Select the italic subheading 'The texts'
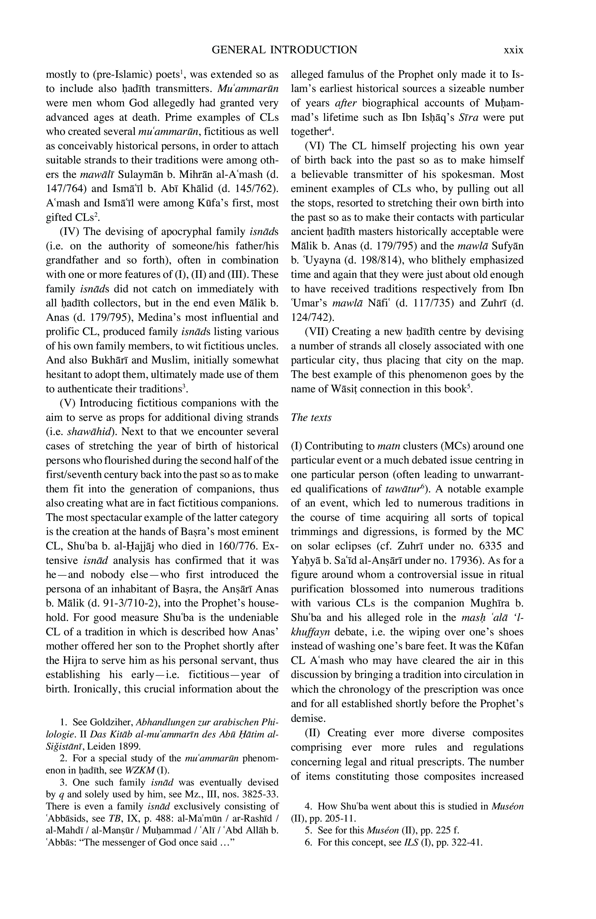[311, 417]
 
